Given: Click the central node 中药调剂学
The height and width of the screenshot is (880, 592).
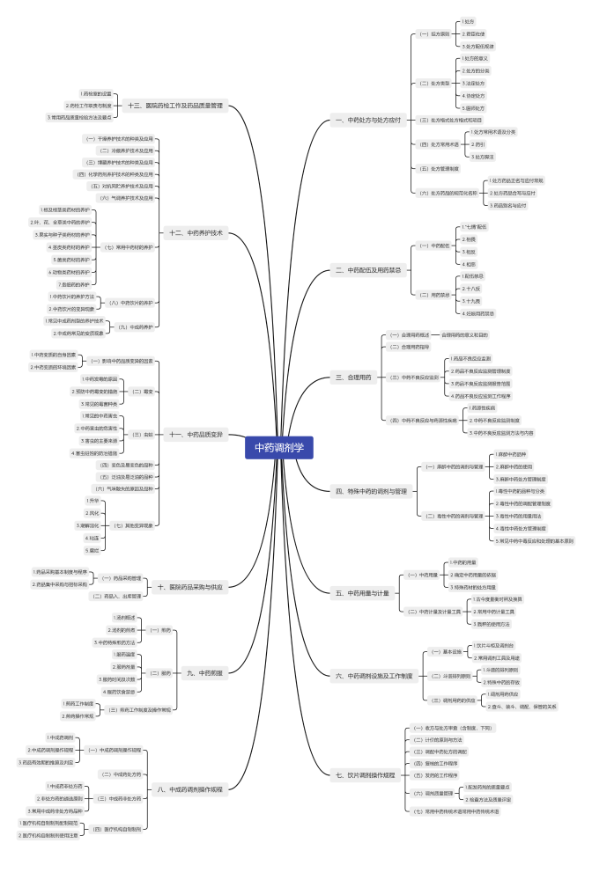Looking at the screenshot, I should (x=279, y=447).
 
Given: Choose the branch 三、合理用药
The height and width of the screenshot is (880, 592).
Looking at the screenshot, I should (x=353, y=377).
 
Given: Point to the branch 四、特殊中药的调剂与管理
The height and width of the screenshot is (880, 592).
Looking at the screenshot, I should (x=371, y=490).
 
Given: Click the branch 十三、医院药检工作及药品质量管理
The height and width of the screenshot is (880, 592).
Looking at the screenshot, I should (x=175, y=106).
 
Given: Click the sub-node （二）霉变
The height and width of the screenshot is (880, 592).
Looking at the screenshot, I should (x=142, y=391).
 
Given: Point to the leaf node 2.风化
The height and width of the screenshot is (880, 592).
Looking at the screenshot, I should (x=93, y=512).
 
